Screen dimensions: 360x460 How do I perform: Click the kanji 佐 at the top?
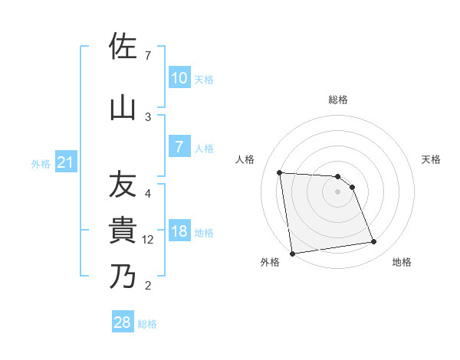click(x=123, y=47)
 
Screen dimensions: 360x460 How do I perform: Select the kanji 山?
click(x=123, y=107)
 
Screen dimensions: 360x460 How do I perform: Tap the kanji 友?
click(x=123, y=186)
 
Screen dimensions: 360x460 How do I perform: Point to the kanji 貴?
click(x=123, y=231)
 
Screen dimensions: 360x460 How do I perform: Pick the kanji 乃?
click(x=123, y=276)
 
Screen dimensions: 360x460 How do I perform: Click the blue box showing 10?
click(x=179, y=77)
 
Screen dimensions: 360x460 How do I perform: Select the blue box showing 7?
click(x=179, y=147)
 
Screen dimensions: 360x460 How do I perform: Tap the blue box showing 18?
click(x=179, y=231)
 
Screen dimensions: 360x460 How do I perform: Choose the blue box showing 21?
click(x=65, y=162)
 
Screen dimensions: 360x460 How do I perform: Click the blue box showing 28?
click(x=123, y=322)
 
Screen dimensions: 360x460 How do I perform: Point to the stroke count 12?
click(x=148, y=240)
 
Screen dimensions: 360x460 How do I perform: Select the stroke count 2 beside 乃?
click(x=148, y=286)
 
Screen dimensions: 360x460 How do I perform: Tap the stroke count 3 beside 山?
click(x=148, y=116)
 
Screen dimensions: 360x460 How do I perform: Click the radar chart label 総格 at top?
click(x=337, y=100)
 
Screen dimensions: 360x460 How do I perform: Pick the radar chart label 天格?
click(x=431, y=159)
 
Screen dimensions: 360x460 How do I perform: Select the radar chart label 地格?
click(x=402, y=262)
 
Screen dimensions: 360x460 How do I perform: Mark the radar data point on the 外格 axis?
click(x=292, y=253)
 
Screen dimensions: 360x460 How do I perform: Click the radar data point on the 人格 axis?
click(x=280, y=172)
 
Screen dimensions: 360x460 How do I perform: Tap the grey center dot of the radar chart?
click(x=337, y=191)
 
